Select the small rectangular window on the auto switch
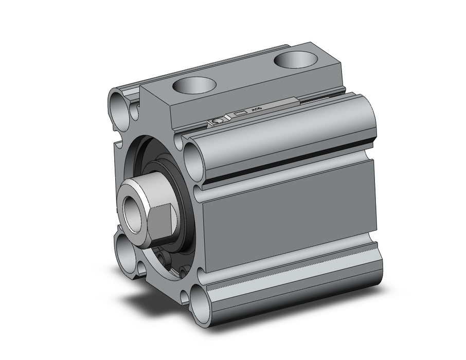pos(240,113)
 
